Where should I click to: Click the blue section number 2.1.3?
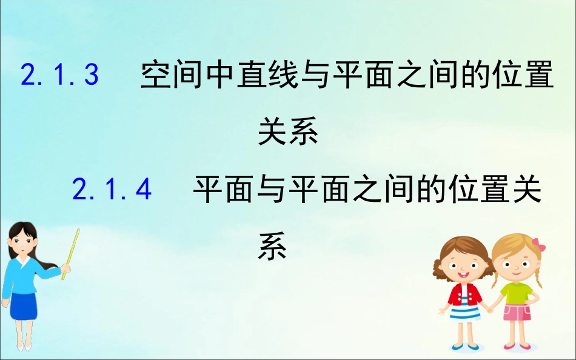tap(59, 76)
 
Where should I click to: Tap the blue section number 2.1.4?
tap(112, 190)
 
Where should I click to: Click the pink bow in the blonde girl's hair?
tap(538, 245)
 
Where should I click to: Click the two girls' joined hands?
tap(489, 308)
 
